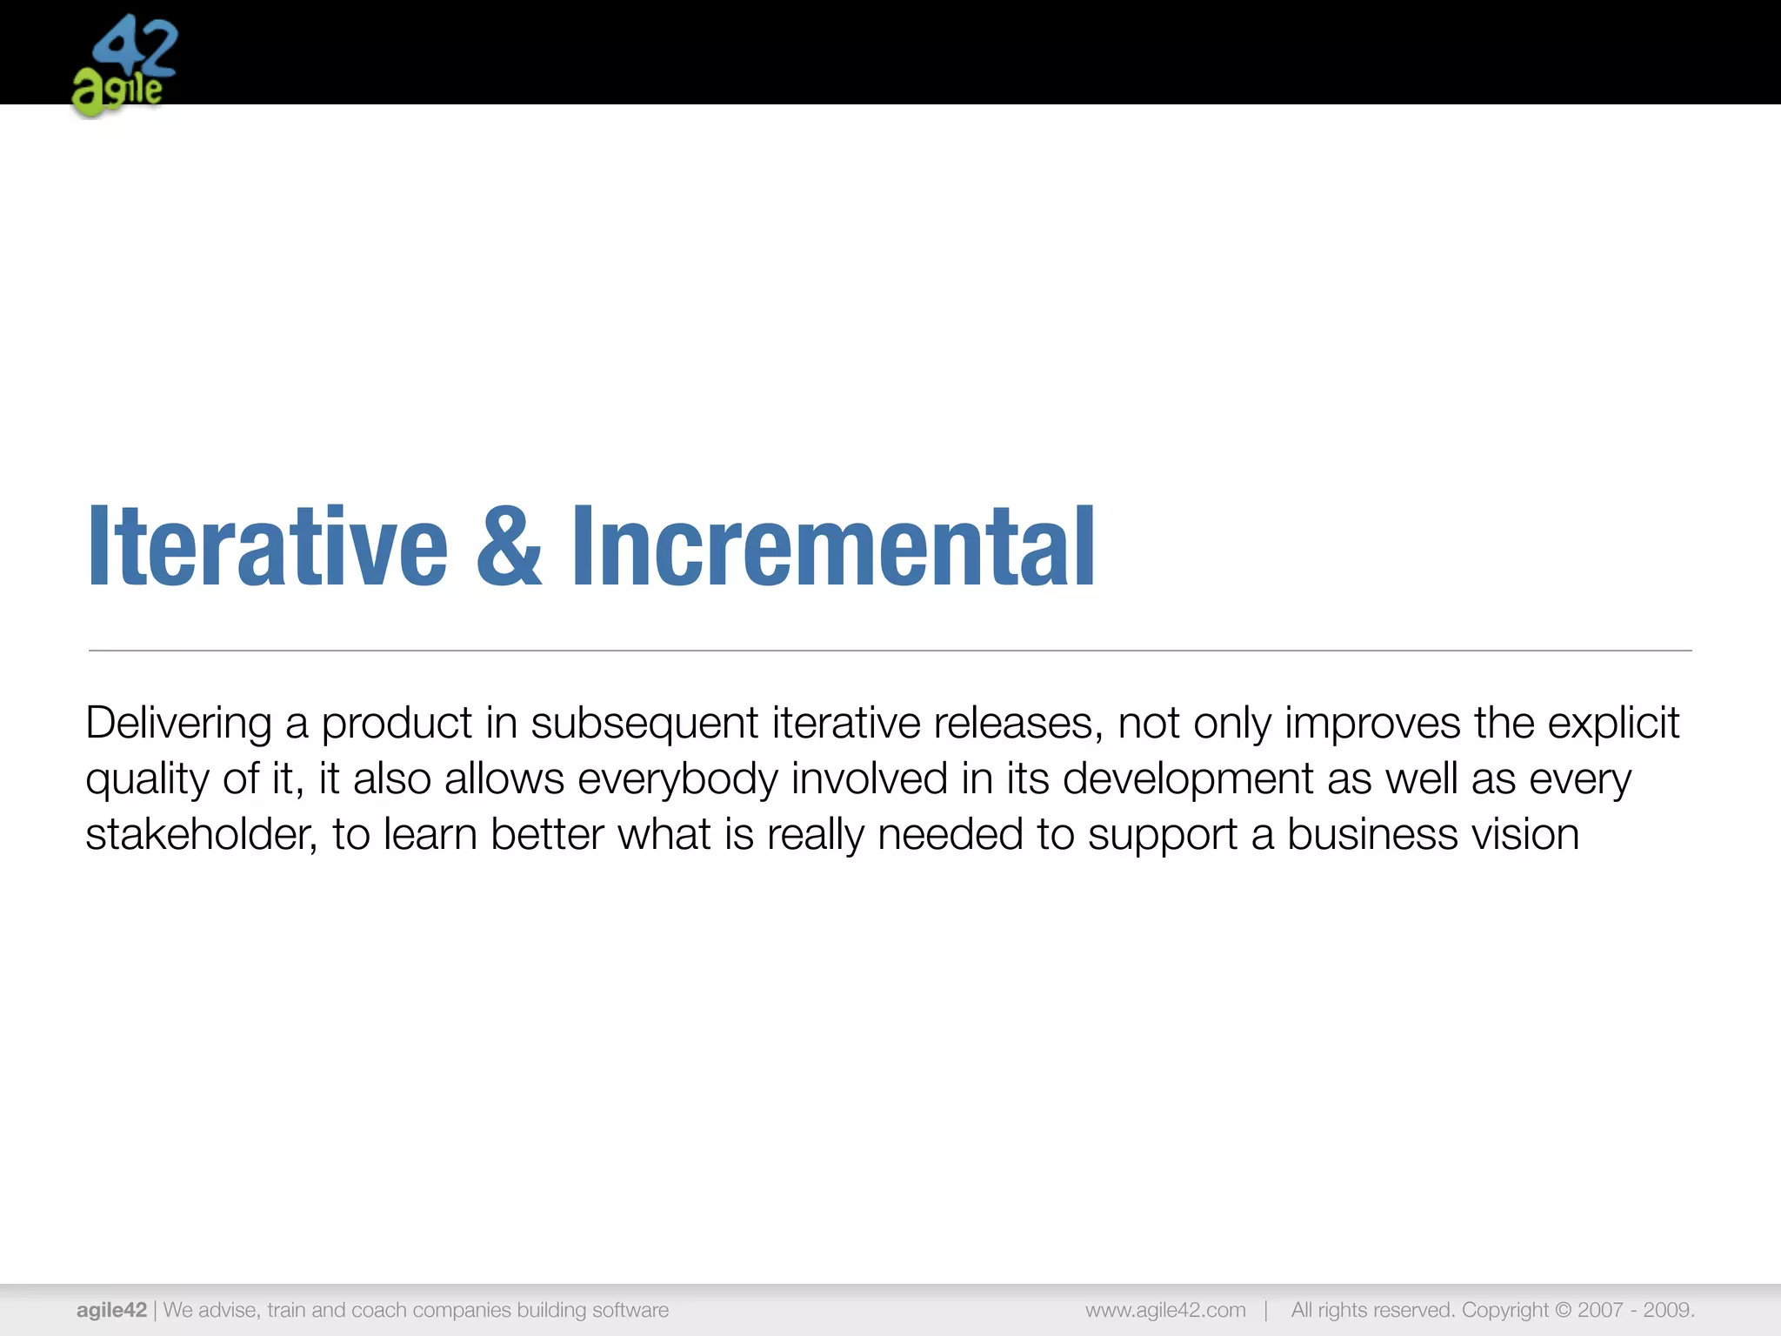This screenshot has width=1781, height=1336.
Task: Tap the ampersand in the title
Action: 510,546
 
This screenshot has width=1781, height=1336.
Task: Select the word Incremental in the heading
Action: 833,546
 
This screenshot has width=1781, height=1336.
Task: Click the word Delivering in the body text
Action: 178,724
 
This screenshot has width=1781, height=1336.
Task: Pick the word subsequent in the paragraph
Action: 644,724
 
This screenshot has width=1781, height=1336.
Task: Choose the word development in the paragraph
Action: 1188,779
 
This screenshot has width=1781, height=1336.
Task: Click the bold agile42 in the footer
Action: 111,1310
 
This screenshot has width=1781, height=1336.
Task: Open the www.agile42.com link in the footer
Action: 1165,1310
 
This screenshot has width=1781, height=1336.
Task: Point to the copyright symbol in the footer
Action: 1562,1310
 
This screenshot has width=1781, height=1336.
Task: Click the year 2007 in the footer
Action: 1601,1310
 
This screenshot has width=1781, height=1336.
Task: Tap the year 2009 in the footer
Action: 1668,1310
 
